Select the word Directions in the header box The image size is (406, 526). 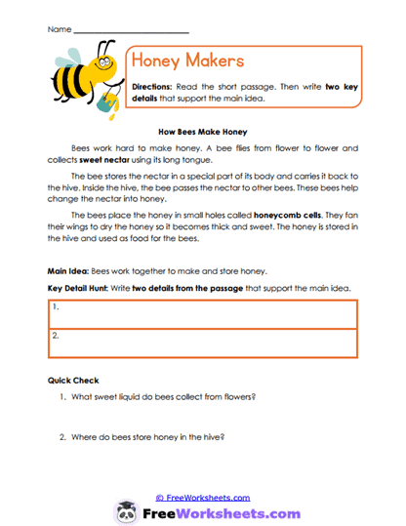tap(152, 87)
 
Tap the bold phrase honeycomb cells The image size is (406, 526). tap(284, 215)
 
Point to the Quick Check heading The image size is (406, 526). tap(72, 381)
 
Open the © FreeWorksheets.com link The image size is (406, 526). tap(202, 497)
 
